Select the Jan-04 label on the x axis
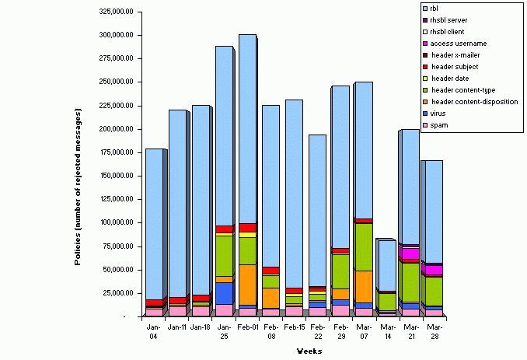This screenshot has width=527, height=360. [x=154, y=332]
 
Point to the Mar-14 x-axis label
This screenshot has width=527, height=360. [x=387, y=332]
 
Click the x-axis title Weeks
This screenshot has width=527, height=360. [x=309, y=351]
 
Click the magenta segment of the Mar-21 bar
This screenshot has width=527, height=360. [x=410, y=253]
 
